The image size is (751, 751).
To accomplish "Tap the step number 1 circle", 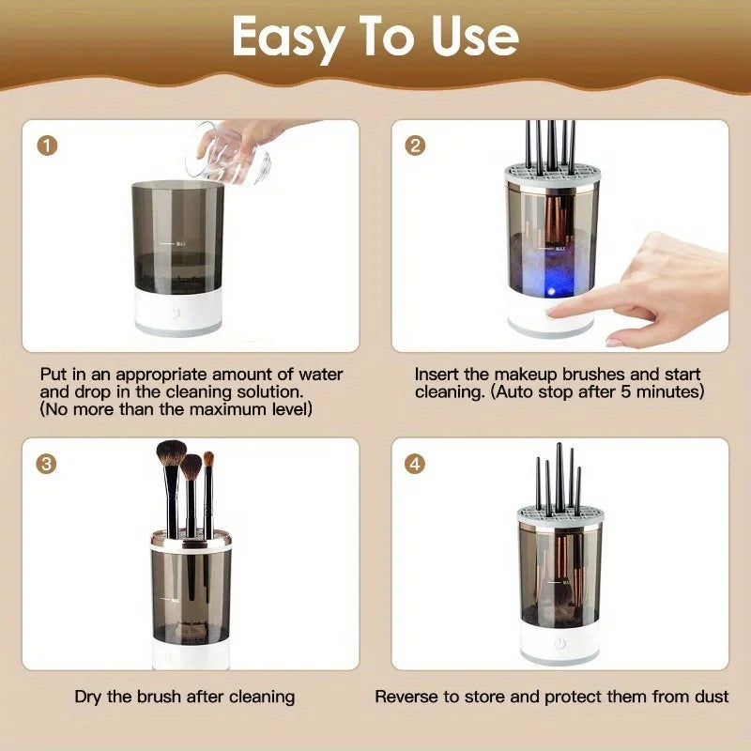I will pos(48,146).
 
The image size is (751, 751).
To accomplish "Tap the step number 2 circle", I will pos(416,146).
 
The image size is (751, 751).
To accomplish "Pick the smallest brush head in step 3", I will pos(208,461).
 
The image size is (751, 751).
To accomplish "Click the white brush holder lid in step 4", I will pos(559,514).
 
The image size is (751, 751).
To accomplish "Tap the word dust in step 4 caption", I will pos(712,697).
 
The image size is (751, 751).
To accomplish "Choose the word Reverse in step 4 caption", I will pos(406,697).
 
